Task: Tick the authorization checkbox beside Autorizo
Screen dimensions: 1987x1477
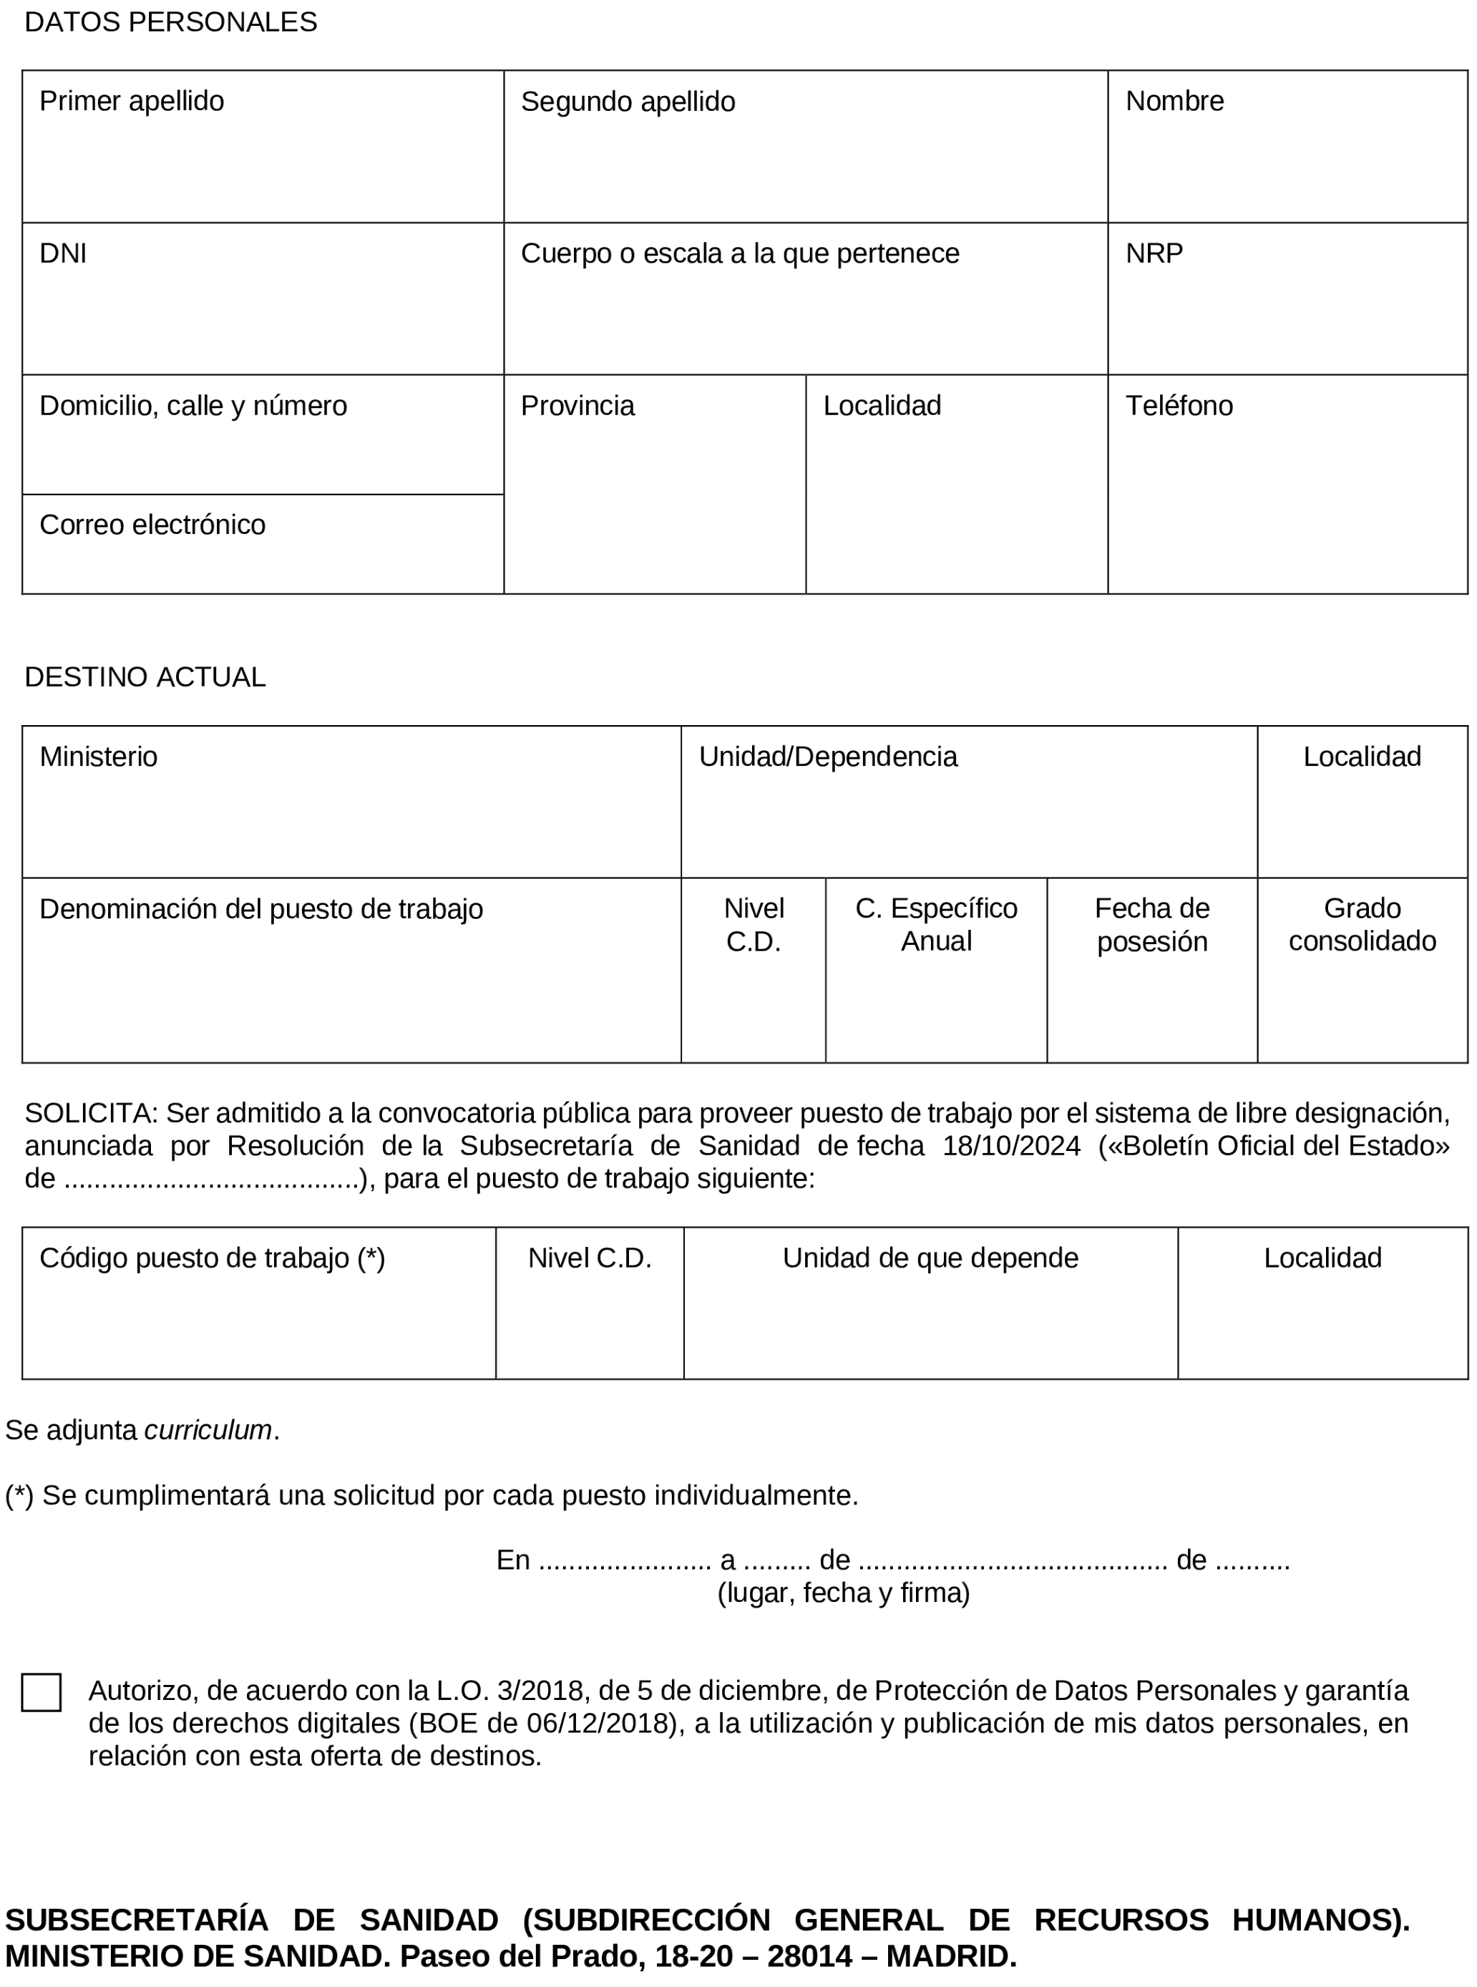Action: click(x=41, y=1692)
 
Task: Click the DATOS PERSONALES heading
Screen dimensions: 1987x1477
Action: click(x=171, y=22)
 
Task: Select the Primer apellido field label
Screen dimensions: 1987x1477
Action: click(x=132, y=101)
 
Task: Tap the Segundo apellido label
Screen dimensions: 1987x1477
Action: click(x=628, y=102)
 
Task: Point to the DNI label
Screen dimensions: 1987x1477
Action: click(x=62, y=254)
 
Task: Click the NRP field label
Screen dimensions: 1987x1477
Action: click(x=1154, y=254)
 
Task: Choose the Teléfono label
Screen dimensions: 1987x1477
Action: click(x=1179, y=406)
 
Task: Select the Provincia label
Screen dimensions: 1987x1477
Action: click(x=577, y=406)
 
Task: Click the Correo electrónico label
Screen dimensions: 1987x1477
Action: click(x=152, y=525)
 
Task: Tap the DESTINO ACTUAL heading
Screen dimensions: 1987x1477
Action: click(x=145, y=677)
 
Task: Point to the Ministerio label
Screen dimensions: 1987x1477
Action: click(x=98, y=757)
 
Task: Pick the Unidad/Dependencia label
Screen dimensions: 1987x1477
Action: click(x=828, y=757)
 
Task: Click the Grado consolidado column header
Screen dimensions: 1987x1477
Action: click(x=1362, y=925)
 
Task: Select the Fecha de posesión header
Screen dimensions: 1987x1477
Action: click(x=1151, y=925)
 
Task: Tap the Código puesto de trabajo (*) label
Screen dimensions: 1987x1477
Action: click(x=212, y=1258)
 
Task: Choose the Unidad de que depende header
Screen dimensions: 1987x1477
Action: click(x=930, y=1258)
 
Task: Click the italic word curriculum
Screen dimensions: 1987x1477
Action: click(x=208, y=1431)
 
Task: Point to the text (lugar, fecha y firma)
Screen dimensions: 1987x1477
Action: click(x=843, y=1593)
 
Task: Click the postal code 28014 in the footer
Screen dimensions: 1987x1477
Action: click(x=809, y=1957)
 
